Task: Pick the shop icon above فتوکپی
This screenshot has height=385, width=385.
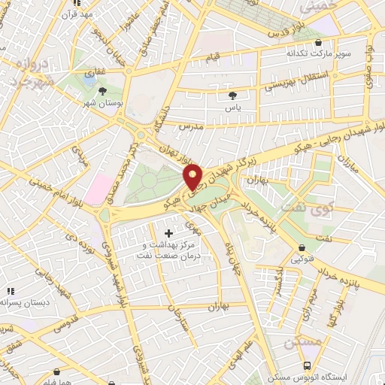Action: (x=302, y=248)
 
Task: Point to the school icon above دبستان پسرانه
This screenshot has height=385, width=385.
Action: (x=11, y=291)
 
